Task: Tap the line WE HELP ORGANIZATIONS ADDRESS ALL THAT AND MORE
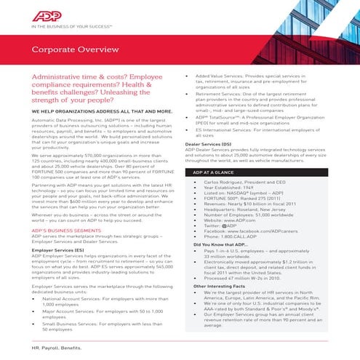[100, 112]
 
